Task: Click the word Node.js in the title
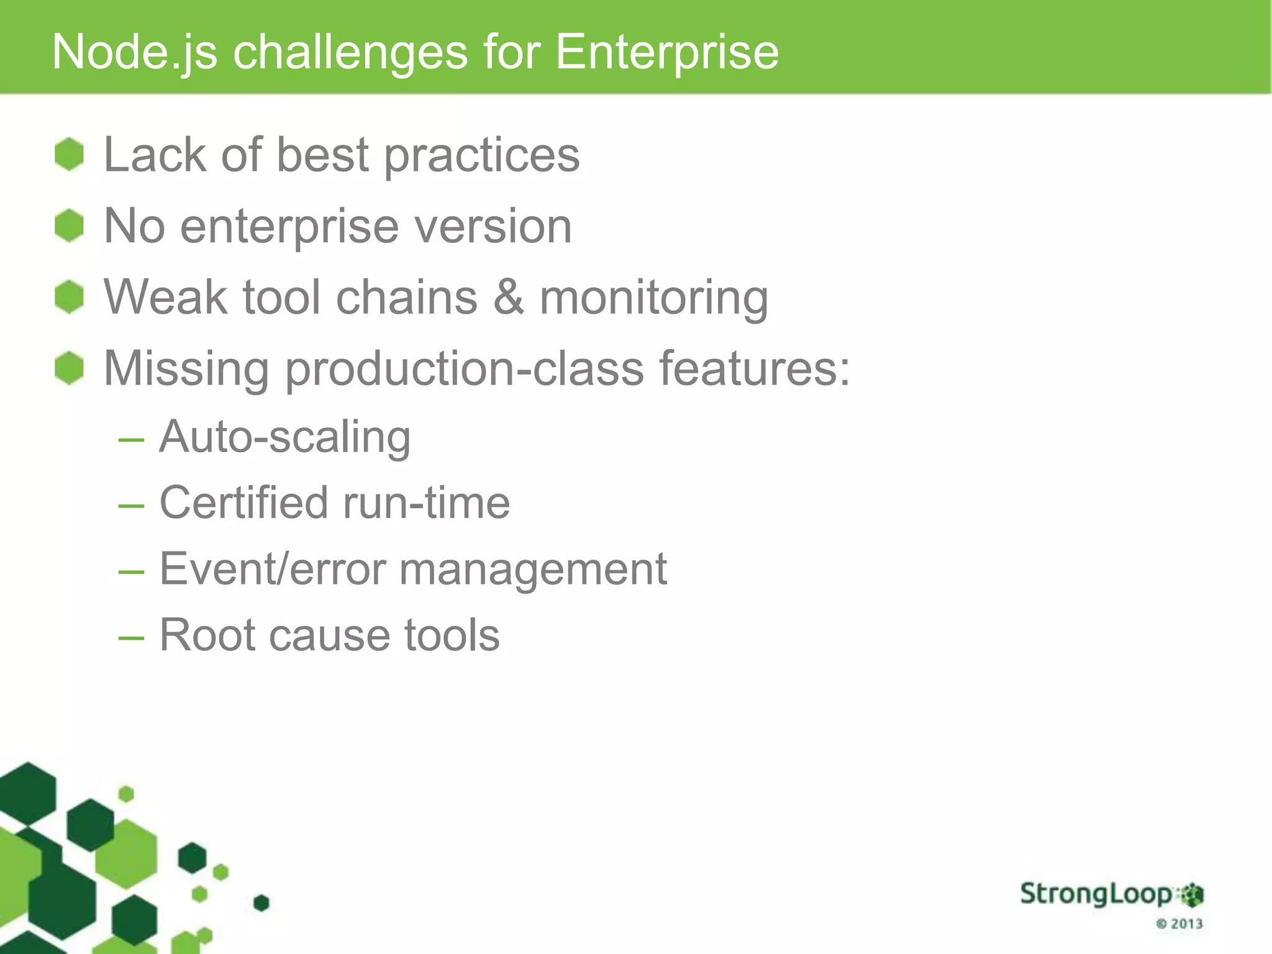(x=134, y=52)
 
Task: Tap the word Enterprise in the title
(x=666, y=52)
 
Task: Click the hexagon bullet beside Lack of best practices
(x=69, y=155)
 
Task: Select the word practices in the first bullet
(x=482, y=156)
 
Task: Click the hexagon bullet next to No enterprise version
(x=69, y=225)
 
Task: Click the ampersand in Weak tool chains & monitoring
(x=508, y=297)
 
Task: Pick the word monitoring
(x=653, y=299)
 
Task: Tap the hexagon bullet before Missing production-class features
(x=69, y=368)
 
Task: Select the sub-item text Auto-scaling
(x=284, y=438)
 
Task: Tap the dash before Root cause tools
(x=131, y=638)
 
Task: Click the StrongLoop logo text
(x=1096, y=894)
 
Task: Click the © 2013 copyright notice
(x=1179, y=924)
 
